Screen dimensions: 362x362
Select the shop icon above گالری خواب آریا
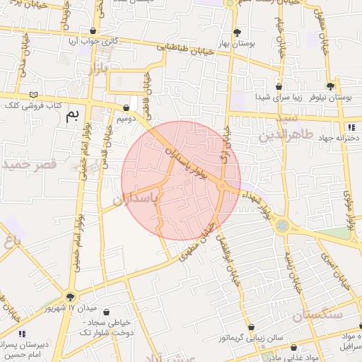[x=94, y=31]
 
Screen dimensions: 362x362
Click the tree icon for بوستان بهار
[x=237, y=32]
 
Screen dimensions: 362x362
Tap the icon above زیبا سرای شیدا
[x=280, y=86]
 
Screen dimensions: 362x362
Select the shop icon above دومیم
[x=127, y=108]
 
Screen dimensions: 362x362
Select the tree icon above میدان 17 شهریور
[x=69, y=296]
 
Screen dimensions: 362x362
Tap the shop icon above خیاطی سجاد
[x=106, y=312]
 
